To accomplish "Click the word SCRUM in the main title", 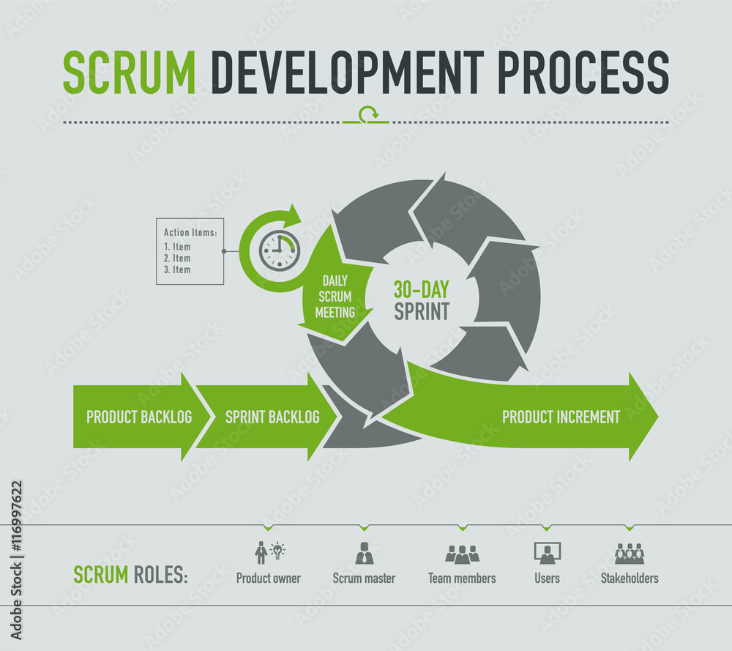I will pyautogui.click(x=129, y=72).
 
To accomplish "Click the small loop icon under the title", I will pyautogui.click(x=368, y=114).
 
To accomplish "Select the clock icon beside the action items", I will pyautogui.click(x=279, y=251).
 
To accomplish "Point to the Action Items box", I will pyautogui.click(x=190, y=251).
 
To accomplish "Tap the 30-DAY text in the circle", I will pyautogui.click(x=421, y=289).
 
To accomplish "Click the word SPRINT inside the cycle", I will pyautogui.click(x=421, y=311).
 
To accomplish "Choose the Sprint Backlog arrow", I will pyautogui.click(x=272, y=417).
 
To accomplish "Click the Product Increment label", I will pyautogui.click(x=561, y=417).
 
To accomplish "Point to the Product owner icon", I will pyautogui.click(x=269, y=551).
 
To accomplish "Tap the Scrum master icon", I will pyautogui.click(x=364, y=553).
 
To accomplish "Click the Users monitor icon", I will pyautogui.click(x=547, y=553).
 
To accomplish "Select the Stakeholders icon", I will pyautogui.click(x=630, y=553).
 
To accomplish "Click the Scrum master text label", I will pyautogui.click(x=364, y=578).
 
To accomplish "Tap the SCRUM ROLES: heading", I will pyautogui.click(x=130, y=575).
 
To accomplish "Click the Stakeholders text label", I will pyautogui.click(x=630, y=578).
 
